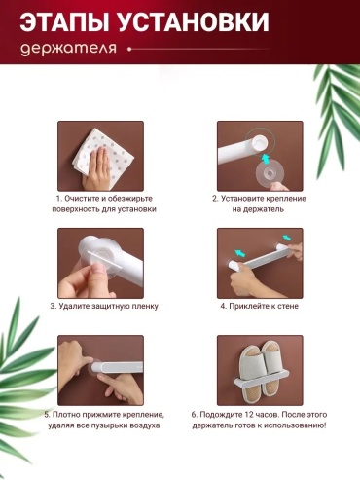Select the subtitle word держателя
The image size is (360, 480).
point(68,49)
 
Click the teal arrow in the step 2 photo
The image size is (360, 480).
point(266,160)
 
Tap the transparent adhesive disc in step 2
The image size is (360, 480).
point(270,171)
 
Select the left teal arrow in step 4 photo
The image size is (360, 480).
point(239,252)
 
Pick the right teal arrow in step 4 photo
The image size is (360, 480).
point(286,238)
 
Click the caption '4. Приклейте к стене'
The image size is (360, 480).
point(259,306)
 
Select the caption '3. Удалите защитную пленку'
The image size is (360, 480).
point(104,306)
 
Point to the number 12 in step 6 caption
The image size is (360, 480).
point(247,415)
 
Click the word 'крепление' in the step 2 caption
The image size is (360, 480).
point(286,199)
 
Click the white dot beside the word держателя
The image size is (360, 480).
point(129,50)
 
